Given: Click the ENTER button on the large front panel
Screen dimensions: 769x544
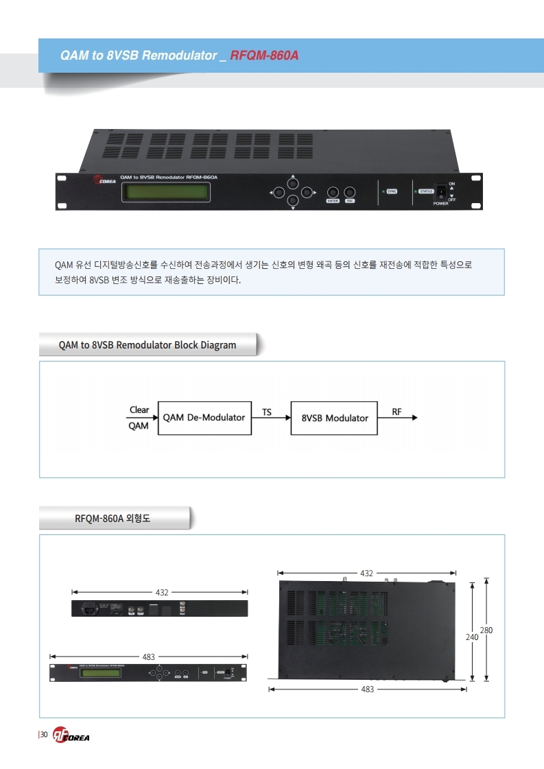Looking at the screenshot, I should pyautogui.click(x=333, y=192).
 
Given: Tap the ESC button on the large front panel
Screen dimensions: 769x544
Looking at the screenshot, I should pyautogui.click(x=350, y=192).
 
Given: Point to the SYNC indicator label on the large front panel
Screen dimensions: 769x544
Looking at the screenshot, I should pyautogui.click(x=392, y=191).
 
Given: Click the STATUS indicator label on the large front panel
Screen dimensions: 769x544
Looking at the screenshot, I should pyautogui.click(x=426, y=191).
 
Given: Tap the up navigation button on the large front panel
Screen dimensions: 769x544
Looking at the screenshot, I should pyautogui.click(x=293, y=184).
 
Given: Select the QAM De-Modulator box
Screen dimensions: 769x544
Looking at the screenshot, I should pyautogui.click(x=204, y=417).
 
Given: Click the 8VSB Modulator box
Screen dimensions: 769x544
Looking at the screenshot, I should pyautogui.click(x=334, y=418).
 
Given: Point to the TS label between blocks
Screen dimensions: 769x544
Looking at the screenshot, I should pyautogui.click(x=267, y=412).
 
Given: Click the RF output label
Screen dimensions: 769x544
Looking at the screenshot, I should pyautogui.click(x=397, y=412).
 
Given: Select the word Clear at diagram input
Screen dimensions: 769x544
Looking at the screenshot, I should pyautogui.click(x=139, y=410).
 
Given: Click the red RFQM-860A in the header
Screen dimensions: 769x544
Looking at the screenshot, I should pyautogui.click(x=265, y=55).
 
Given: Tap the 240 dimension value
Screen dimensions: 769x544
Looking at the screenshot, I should pyautogui.click(x=472, y=637).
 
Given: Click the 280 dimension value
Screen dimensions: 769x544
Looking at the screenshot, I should pyautogui.click(x=486, y=630).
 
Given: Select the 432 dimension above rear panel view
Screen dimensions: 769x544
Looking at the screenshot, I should pyautogui.click(x=162, y=591).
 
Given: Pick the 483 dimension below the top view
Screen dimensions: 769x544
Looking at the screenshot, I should pyautogui.click(x=367, y=689).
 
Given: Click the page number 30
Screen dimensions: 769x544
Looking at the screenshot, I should pyautogui.click(x=43, y=735).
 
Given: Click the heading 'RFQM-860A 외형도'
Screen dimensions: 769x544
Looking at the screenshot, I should pyautogui.click(x=112, y=519).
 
